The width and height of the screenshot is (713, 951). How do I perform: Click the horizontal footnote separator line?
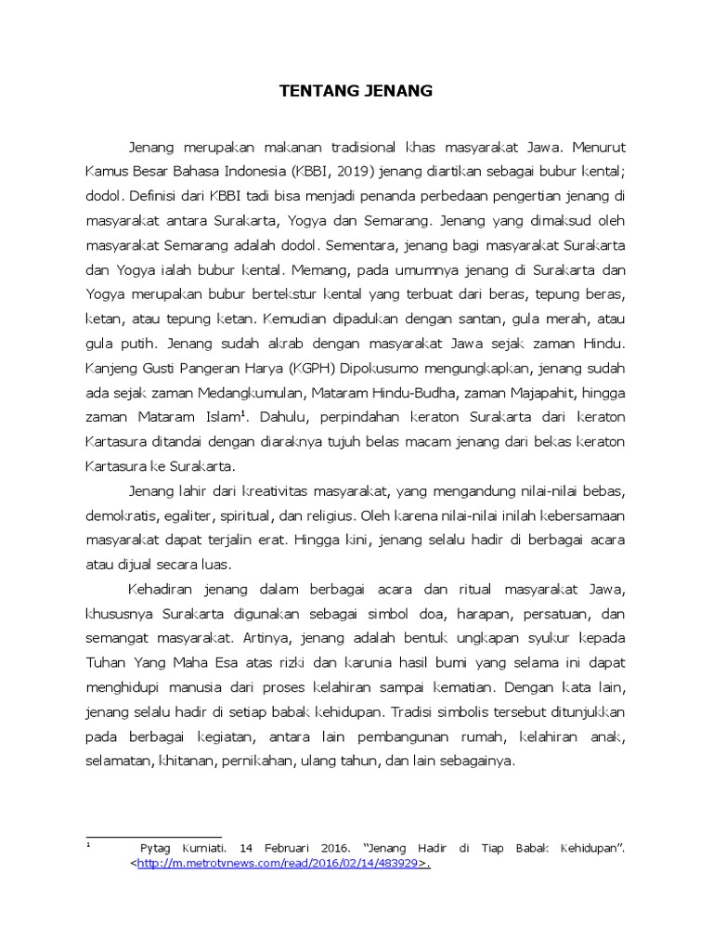153,837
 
